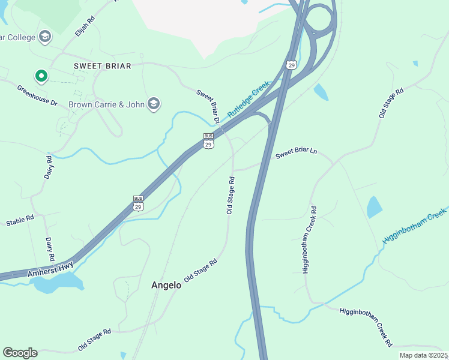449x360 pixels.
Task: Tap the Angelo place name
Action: (166, 286)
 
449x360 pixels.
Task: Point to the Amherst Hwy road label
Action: (50, 269)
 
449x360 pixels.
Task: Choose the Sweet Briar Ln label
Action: (296, 154)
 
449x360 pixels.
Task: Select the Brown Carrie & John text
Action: (107, 104)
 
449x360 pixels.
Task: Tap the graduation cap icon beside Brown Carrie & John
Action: (154, 104)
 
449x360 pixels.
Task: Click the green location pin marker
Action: (41, 76)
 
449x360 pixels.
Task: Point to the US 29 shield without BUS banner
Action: (291, 65)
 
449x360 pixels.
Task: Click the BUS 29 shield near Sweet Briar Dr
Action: (208, 142)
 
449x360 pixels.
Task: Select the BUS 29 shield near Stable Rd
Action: (138, 203)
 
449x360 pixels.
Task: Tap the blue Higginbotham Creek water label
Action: (415, 227)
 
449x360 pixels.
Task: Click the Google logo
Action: (20, 353)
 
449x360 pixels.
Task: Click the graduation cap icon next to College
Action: (44, 37)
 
